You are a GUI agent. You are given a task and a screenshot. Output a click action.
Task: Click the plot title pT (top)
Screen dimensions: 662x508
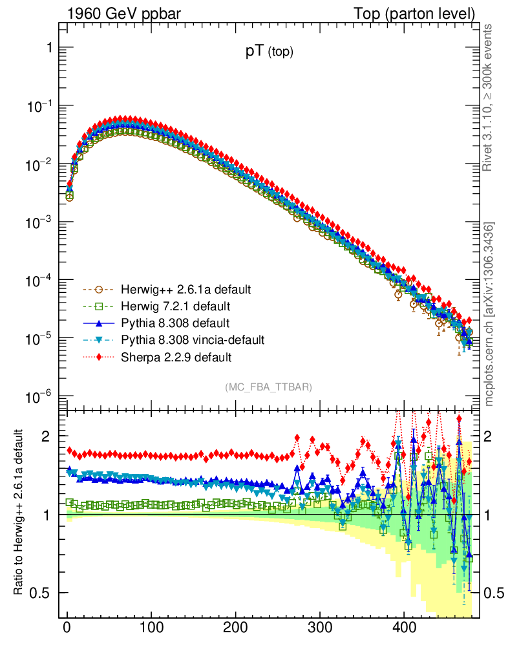[269, 53]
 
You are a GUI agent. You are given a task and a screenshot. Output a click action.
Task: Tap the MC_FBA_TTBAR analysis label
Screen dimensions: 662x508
[269, 387]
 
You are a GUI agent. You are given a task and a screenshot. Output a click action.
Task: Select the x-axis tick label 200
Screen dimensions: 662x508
[235, 629]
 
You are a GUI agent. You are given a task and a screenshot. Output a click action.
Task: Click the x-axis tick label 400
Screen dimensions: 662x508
[404, 629]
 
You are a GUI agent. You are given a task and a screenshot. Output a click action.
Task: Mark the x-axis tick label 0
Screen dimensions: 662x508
[67, 629]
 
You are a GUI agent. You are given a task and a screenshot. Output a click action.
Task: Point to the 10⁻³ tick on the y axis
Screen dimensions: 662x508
[41, 222]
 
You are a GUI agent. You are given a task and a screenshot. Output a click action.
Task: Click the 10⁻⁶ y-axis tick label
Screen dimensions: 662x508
[41, 396]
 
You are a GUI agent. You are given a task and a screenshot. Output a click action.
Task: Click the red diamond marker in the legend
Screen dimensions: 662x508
[98, 356]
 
